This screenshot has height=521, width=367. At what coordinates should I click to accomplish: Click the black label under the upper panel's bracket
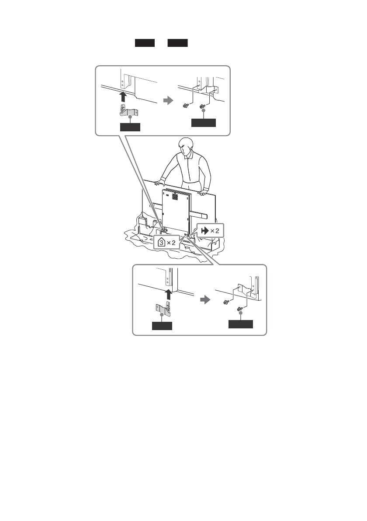(130, 127)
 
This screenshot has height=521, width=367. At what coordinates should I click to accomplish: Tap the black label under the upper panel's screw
(203, 123)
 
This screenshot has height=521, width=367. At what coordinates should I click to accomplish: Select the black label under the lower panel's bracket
(162, 326)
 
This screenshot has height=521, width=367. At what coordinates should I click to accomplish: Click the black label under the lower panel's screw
(241, 324)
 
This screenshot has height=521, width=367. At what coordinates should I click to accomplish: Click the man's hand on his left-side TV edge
(202, 191)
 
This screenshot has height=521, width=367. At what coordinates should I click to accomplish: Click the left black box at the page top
(145, 43)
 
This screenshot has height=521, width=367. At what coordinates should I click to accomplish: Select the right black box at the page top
(177, 43)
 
